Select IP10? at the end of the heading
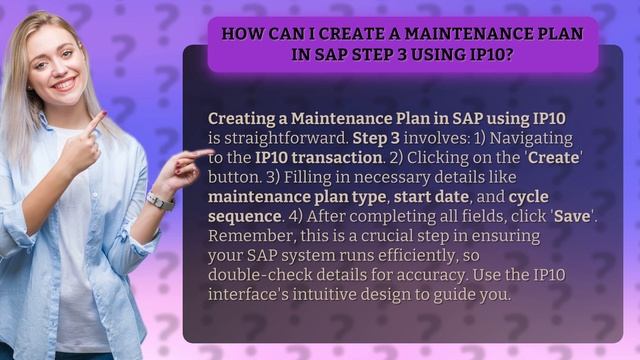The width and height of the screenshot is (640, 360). click(x=487, y=54)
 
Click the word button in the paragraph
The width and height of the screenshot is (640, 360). click(x=234, y=177)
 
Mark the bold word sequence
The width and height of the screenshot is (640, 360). click(x=249, y=216)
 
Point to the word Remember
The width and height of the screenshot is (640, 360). click(x=246, y=236)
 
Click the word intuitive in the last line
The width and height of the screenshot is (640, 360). click(x=364, y=295)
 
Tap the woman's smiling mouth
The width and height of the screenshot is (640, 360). click(x=65, y=84)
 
